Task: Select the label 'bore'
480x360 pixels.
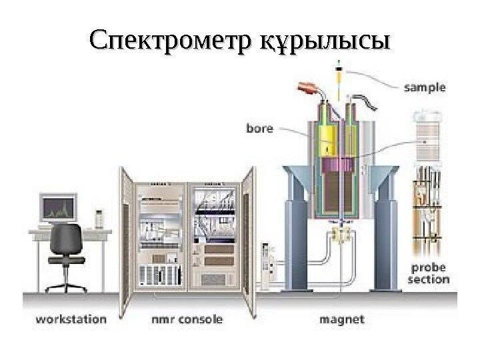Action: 260,128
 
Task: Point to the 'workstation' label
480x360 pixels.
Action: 70,319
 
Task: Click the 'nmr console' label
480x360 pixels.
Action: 185,319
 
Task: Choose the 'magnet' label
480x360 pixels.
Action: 342,319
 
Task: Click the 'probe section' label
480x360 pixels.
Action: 428,273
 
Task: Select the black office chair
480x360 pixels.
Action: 67,253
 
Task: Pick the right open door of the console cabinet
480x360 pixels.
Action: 248,233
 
